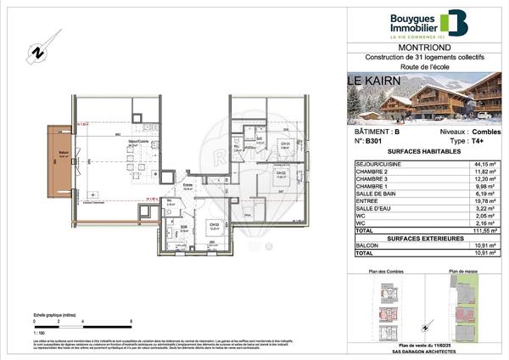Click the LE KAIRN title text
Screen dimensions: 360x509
coord(370,82)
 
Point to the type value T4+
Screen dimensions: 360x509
coord(476,141)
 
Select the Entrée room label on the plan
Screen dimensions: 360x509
coord(188,188)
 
